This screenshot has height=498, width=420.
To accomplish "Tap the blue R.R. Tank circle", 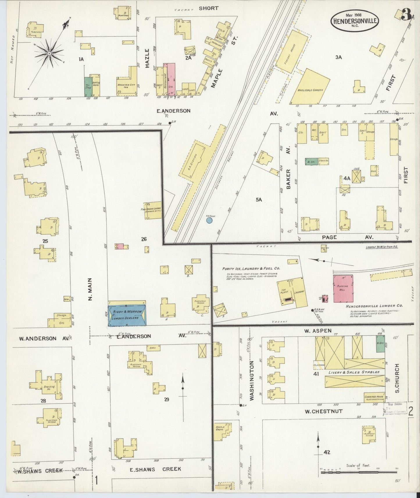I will click(209, 221).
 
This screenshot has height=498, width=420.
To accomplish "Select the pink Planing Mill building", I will click(343, 289).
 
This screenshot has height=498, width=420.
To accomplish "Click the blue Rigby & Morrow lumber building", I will click(127, 315).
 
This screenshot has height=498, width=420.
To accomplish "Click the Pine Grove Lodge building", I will click(153, 210).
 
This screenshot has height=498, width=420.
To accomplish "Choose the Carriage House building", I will click(374, 397).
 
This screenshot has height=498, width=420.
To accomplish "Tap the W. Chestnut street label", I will click(320, 411).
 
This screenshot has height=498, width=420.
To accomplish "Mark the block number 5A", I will click(259, 200).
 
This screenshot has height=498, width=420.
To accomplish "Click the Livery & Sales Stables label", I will click(354, 372).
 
